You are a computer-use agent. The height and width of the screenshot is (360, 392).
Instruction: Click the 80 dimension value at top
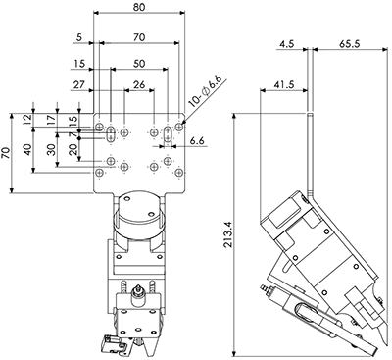tap(139, 7)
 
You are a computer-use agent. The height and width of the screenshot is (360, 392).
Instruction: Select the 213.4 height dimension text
tap(228, 233)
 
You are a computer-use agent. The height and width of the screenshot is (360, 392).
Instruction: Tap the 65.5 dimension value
tap(349, 44)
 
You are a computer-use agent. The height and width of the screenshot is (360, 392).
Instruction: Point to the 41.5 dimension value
tap(283, 84)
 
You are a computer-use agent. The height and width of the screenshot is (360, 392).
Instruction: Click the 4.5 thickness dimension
tap(287, 44)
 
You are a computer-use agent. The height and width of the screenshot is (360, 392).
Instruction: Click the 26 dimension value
tap(139, 84)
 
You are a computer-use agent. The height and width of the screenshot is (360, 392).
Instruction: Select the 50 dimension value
tap(139, 63)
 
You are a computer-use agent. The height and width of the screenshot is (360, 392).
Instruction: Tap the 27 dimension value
tap(78, 84)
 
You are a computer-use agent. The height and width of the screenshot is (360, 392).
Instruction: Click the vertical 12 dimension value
tap(28, 119)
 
